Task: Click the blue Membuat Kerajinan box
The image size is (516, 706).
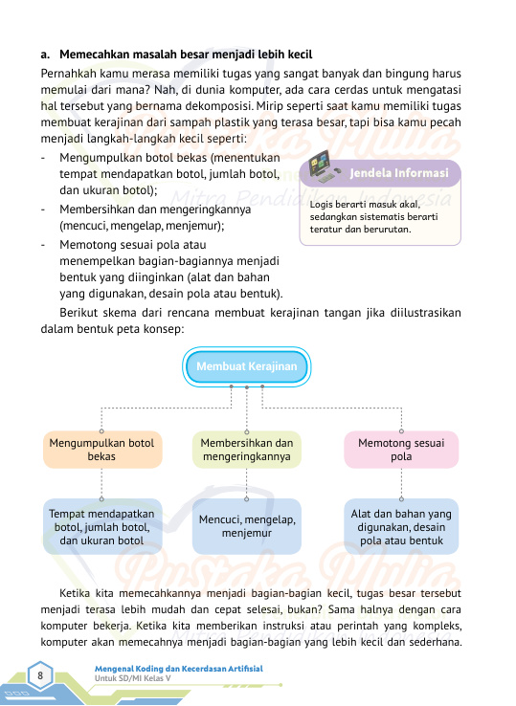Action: (x=247, y=367)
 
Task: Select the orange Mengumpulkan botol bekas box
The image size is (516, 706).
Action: (x=101, y=450)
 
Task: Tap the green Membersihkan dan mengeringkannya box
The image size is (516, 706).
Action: (x=247, y=450)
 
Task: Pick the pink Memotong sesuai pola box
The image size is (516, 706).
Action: (x=401, y=450)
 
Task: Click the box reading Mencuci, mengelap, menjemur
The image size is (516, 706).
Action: (x=247, y=526)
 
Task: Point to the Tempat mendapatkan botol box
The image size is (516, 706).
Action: (x=101, y=526)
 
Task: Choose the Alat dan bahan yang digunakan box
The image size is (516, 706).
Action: (x=401, y=526)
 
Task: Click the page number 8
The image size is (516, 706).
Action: (x=41, y=676)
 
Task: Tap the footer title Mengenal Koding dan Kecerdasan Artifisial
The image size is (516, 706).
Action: (x=177, y=668)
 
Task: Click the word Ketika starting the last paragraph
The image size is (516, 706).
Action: (x=78, y=590)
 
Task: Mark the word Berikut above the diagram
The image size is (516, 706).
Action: (x=83, y=312)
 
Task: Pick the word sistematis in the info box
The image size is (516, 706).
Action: (x=385, y=217)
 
